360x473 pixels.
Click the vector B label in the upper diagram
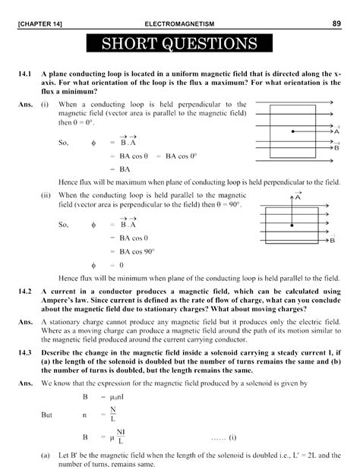pos(336,147)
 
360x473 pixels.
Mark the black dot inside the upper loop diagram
pos(292,131)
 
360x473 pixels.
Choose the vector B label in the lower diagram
pos(332,241)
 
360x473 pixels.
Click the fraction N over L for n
pos(113,415)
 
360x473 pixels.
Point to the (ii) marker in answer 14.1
pos(47,195)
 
